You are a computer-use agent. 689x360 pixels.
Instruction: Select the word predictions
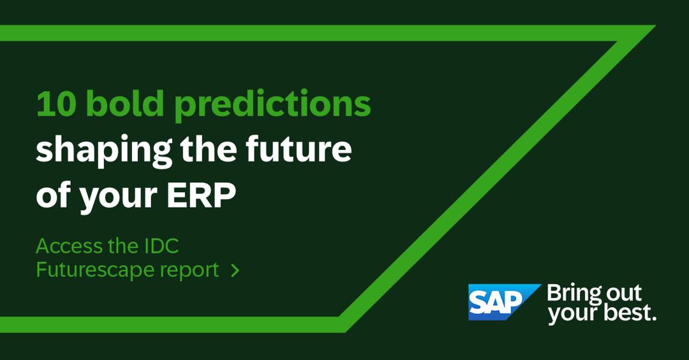(x=272, y=105)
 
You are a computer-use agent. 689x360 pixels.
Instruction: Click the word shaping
(x=104, y=151)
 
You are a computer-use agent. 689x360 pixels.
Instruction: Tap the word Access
(x=68, y=246)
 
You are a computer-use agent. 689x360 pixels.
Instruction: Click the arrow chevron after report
(x=235, y=271)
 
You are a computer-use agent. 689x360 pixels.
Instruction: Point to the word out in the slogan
(x=625, y=293)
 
